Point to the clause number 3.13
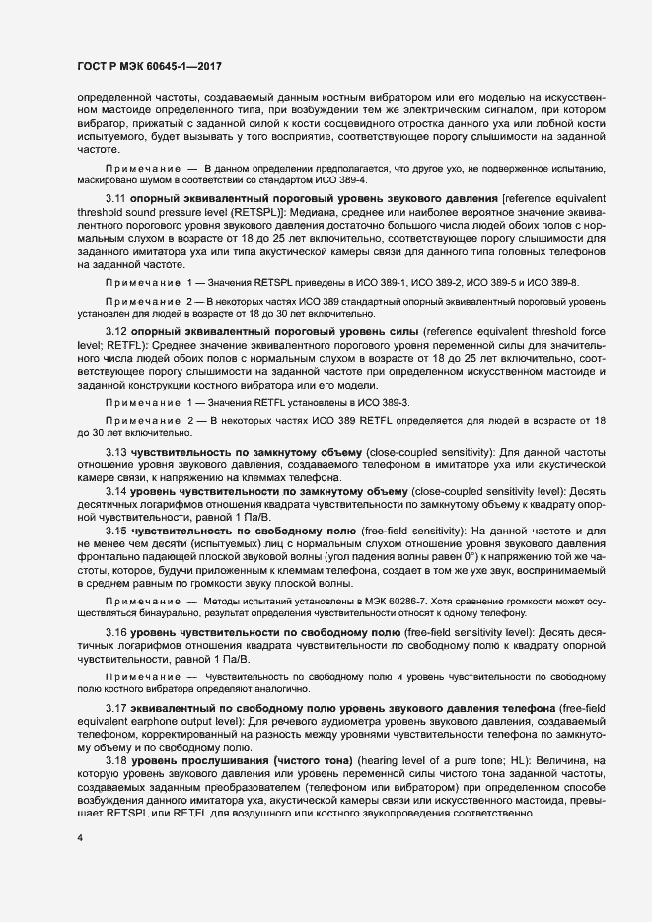pyautogui.click(x=115, y=452)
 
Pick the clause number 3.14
pyautogui.click(x=115, y=490)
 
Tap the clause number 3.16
pyautogui.click(x=115, y=631)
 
